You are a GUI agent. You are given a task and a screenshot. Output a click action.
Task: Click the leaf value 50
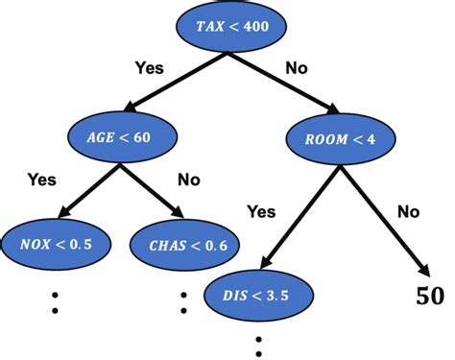click(x=430, y=296)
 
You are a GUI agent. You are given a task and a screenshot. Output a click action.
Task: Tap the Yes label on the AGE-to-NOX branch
click(x=42, y=179)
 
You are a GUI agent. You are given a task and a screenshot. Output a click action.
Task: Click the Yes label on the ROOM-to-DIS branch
click(x=262, y=209)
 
